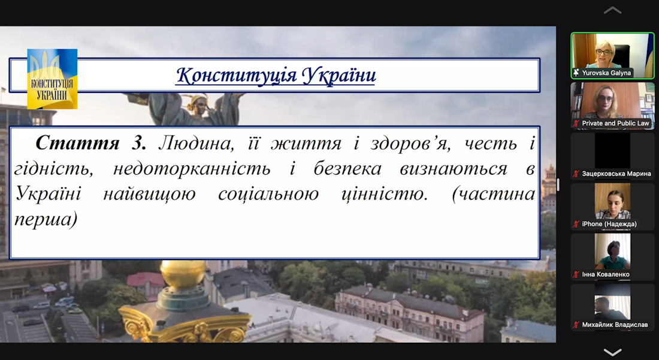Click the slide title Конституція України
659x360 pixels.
click(276, 75)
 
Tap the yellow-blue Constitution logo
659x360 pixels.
click(52, 79)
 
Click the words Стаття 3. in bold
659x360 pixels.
click(91, 143)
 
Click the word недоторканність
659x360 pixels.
click(192, 169)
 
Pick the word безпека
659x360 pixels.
click(347, 169)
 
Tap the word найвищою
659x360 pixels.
click(149, 194)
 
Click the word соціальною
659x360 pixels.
click(268, 194)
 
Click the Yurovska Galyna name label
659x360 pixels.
click(606, 73)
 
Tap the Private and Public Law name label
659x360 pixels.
click(615, 123)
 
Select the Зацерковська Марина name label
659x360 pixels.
click(616, 174)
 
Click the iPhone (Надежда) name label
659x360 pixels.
click(609, 224)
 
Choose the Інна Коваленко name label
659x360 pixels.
click(606, 274)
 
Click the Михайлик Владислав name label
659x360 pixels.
click(615, 325)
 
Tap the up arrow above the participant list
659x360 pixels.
click(612, 10)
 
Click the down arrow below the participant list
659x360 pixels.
click(612, 352)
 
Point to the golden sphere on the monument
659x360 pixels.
click(183, 274)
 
